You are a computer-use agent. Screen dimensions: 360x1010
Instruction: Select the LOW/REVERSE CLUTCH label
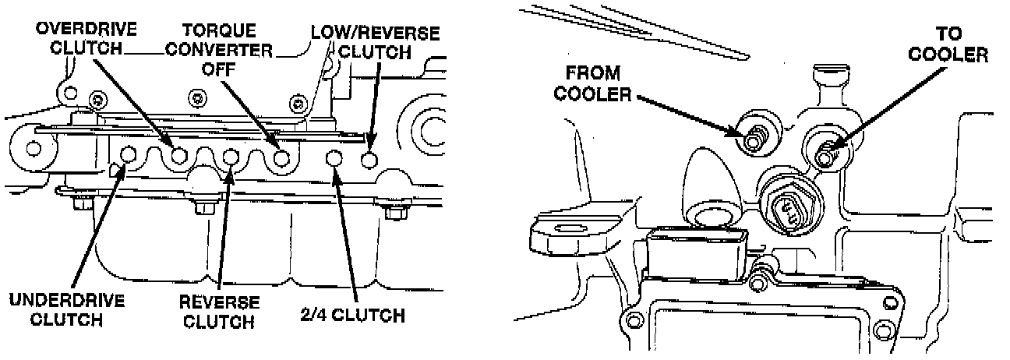[x=375, y=43]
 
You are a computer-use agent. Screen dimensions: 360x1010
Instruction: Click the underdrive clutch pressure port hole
[x=129, y=154]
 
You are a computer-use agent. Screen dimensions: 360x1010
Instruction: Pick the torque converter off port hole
[x=282, y=158]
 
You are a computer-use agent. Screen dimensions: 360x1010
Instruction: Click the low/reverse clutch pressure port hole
[x=370, y=159]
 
